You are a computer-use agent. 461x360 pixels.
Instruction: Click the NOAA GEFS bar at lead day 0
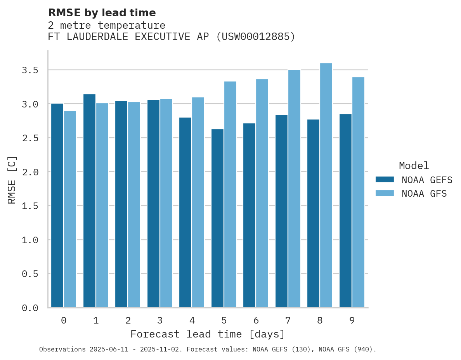pos(57,206)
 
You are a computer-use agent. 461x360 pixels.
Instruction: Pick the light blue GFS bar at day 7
pos(294,189)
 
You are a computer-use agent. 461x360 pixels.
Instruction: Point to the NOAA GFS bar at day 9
pos(358,192)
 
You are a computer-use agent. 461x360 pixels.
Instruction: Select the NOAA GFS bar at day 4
pos(198,202)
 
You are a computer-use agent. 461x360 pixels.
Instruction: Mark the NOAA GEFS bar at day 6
pos(249,215)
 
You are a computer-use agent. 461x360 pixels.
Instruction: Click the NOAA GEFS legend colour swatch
pos(385,180)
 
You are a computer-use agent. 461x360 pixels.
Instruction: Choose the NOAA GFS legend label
pos(424,194)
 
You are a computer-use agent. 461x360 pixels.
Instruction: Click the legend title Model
pos(414,166)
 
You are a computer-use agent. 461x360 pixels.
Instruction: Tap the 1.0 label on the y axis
pos(30,240)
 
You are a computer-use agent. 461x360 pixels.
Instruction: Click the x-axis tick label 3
pos(160,320)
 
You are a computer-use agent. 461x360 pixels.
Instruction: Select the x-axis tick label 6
pos(256,320)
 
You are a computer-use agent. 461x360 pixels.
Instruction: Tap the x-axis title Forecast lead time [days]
pos(208,334)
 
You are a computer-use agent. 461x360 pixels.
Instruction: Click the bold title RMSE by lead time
pos(102,13)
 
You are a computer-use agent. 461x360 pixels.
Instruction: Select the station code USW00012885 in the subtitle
pos(255,37)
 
